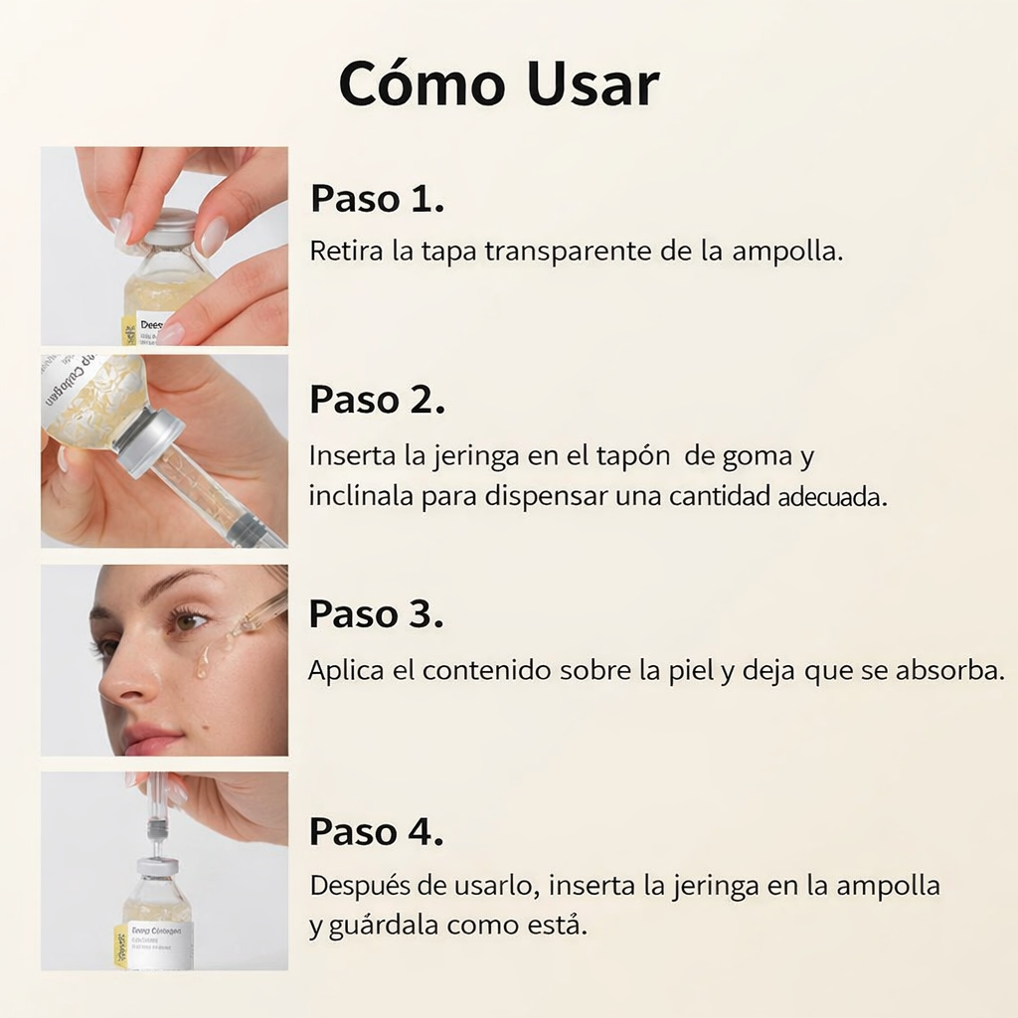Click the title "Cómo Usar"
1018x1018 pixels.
(498, 85)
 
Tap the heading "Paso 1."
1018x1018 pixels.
(377, 198)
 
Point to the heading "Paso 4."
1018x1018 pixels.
(376, 831)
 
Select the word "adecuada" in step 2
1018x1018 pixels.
(830, 498)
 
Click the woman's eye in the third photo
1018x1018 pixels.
(185, 621)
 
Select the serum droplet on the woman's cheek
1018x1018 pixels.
(203, 662)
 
